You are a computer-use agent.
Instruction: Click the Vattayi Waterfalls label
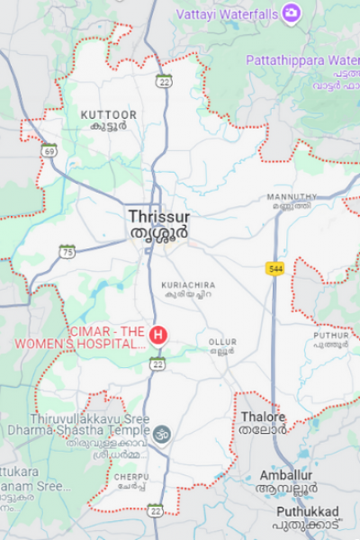click(x=226, y=13)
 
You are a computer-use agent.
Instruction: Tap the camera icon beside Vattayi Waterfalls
click(x=291, y=13)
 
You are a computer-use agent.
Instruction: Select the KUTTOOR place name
click(x=109, y=115)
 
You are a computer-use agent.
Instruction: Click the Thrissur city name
click(x=159, y=217)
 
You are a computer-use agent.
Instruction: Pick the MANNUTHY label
click(x=292, y=196)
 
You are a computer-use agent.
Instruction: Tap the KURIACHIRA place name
click(x=187, y=285)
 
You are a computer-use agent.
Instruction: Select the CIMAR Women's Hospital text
click(x=107, y=337)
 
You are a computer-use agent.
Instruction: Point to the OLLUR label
click(x=222, y=343)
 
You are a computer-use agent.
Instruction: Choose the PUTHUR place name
click(x=331, y=336)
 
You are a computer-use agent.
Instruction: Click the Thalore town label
click(x=263, y=418)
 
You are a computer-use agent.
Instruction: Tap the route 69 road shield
click(x=49, y=150)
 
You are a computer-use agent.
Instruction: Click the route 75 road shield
click(x=67, y=252)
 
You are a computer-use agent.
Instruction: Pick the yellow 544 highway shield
click(x=275, y=268)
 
